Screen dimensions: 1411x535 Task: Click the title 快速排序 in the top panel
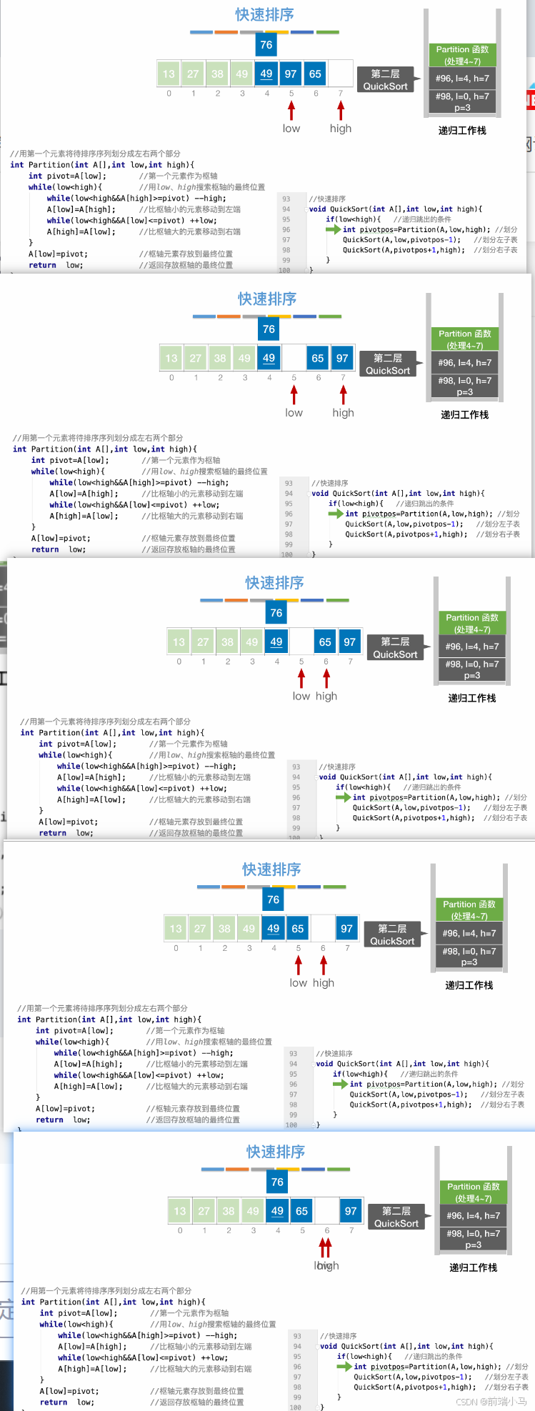coord(264,15)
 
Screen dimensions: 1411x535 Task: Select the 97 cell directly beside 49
coord(291,74)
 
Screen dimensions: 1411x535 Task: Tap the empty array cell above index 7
coord(341,74)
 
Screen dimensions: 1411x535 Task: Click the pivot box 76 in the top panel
coord(266,45)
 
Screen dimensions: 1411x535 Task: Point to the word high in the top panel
coord(341,129)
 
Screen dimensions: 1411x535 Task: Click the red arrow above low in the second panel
coord(294,395)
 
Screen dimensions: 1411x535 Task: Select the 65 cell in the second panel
coord(318,358)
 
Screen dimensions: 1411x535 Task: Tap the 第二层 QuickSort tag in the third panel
coord(395,648)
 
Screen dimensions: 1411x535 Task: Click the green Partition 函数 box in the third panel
coord(472,623)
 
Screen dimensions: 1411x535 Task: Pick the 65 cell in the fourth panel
coord(298,929)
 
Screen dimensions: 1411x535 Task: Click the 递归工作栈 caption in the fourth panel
coord(469,985)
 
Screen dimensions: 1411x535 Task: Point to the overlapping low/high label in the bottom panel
coord(326,1265)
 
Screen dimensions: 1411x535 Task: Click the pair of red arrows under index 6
coord(326,1247)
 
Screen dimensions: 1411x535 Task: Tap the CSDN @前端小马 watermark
coord(491,1402)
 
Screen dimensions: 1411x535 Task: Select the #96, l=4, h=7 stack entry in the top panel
coord(462,79)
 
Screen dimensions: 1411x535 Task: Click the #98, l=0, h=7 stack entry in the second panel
coord(465,387)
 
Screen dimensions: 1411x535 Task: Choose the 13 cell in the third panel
coord(179,642)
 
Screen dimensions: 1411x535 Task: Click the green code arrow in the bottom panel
coord(344,1366)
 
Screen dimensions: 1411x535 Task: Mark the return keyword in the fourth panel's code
coord(49,1120)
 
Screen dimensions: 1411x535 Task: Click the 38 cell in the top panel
coord(217,74)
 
